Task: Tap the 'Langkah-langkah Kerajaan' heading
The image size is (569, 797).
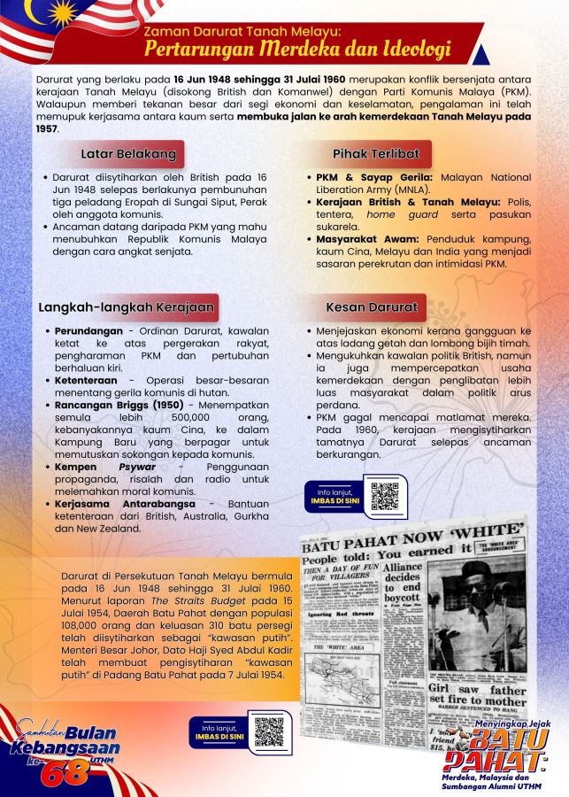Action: pyautogui.click(x=127, y=307)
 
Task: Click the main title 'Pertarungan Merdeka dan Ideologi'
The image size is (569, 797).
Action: pyautogui.click(x=298, y=48)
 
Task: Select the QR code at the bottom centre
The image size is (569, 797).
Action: pyautogui.click(x=269, y=731)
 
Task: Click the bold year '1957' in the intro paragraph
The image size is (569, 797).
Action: pyautogui.click(x=47, y=128)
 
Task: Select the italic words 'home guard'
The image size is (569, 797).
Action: pyautogui.click(x=394, y=214)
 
